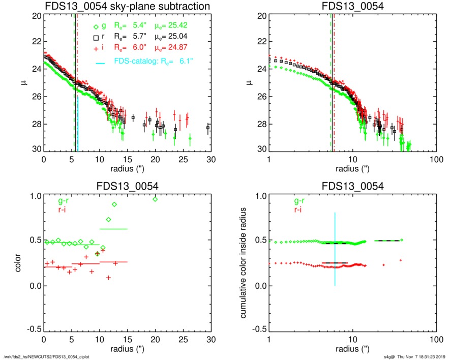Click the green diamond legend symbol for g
(x=95, y=27)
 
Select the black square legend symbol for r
(x=95, y=38)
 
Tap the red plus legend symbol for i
(x=95, y=49)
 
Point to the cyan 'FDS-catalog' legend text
(x=138, y=62)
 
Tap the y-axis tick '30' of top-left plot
(x=36, y=151)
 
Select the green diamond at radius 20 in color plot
(x=155, y=199)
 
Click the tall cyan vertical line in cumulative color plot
(x=335, y=249)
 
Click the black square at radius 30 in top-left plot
(x=208, y=128)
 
